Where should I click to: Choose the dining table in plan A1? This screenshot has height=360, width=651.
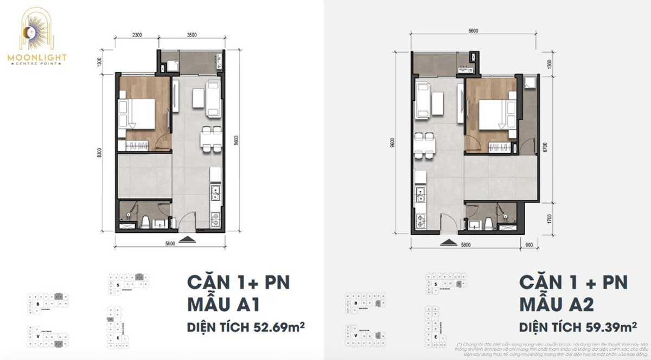pos(209,140)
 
